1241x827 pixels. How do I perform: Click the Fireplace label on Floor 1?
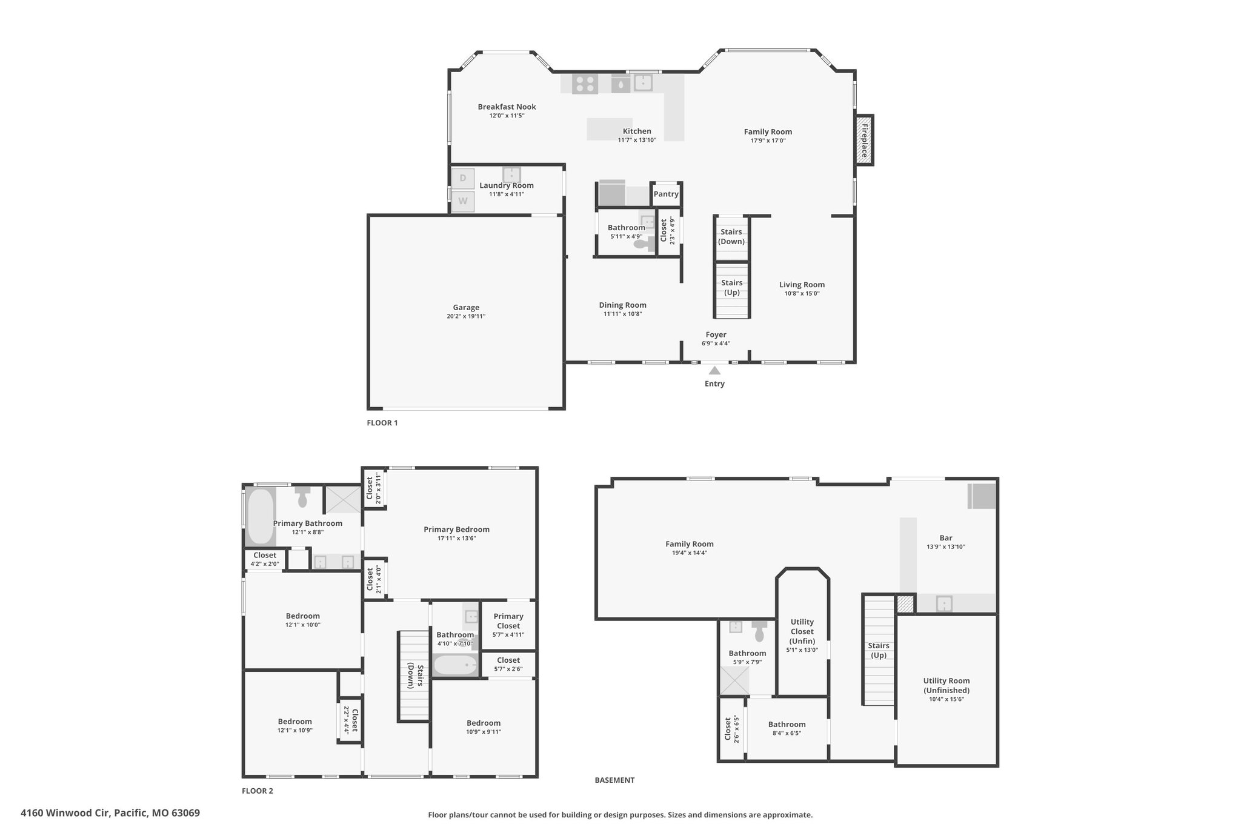tap(865, 140)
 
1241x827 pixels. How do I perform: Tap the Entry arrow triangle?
tap(715, 370)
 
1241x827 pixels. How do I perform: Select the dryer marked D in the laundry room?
tap(463, 178)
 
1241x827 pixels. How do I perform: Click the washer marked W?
tap(463, 201)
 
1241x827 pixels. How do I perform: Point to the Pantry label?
tap(666, 194)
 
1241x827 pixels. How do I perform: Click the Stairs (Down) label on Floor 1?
tap(731, 236)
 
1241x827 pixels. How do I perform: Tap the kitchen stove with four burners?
tap(585, 84)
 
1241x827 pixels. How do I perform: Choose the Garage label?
tap(466, 307)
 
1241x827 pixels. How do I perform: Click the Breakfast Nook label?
tap(507, 107)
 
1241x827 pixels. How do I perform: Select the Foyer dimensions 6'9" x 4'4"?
tap(716, 344)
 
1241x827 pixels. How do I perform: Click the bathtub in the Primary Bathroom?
tap(261, 517)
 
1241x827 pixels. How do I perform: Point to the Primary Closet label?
tap(508, 621)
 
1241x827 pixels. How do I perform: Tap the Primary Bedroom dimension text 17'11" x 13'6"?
tap(457, 538)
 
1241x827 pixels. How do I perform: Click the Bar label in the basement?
tap(946, 537)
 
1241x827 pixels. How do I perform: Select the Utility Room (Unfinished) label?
tap(947, 685)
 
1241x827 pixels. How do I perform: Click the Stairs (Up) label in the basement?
tap(879, 650)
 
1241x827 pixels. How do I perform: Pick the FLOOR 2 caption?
tap(258, 791)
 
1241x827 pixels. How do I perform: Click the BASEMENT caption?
tap(614, 780)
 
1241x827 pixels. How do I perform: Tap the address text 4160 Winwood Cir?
tap(65, 813)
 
